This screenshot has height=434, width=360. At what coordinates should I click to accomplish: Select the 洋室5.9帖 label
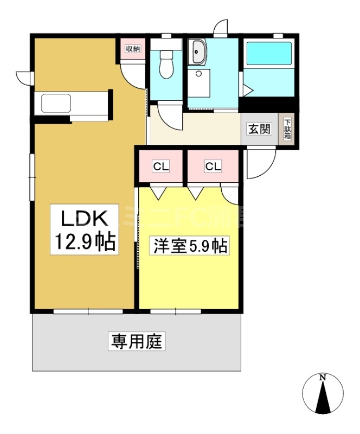click(188, 246)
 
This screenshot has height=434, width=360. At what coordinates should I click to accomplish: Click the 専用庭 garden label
click(138, 342)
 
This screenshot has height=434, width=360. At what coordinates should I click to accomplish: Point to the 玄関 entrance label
click(259, 129)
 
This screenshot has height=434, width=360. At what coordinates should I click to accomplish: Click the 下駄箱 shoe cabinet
click(287, 129)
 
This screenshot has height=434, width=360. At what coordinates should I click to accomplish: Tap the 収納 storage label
click(133, 49)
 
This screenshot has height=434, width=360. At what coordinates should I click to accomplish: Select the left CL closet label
click(160, 167)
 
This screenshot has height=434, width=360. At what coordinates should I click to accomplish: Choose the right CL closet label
click(213, 167)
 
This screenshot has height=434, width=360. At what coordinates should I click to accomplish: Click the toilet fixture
click(166, 68)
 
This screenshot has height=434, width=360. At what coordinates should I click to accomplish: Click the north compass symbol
click(323, 394)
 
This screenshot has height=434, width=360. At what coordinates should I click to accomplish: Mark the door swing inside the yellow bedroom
click(230, 194)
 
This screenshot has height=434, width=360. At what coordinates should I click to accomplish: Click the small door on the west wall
click(24, 78)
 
